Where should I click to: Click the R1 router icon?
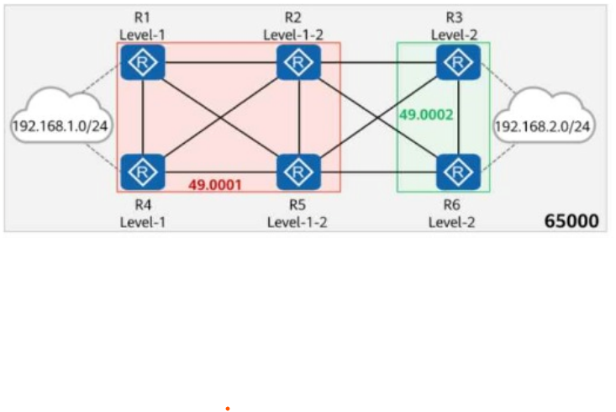click(143, 62)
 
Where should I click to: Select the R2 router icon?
click(298, 62)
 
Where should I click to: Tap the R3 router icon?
click(459, 62)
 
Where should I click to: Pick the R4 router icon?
click(143, 172)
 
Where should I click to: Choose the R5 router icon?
click(298, 172)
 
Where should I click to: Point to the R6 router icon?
click(459, 172)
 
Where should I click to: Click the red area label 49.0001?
click(215, 185)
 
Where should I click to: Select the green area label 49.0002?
click(426, 115)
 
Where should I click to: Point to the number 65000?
click(571, 221)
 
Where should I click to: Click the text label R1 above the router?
click(142, 18)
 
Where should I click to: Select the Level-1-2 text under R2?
click(293, 35)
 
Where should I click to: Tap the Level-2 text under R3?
click(455, 35)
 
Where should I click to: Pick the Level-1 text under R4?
click(143, 223)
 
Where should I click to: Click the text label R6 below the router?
click(452, 205)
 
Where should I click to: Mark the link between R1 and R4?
click(143, 117)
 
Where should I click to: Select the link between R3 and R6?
click(459, 117)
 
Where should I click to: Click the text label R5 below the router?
click(297, 205)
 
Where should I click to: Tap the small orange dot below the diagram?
click(228, 409)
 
